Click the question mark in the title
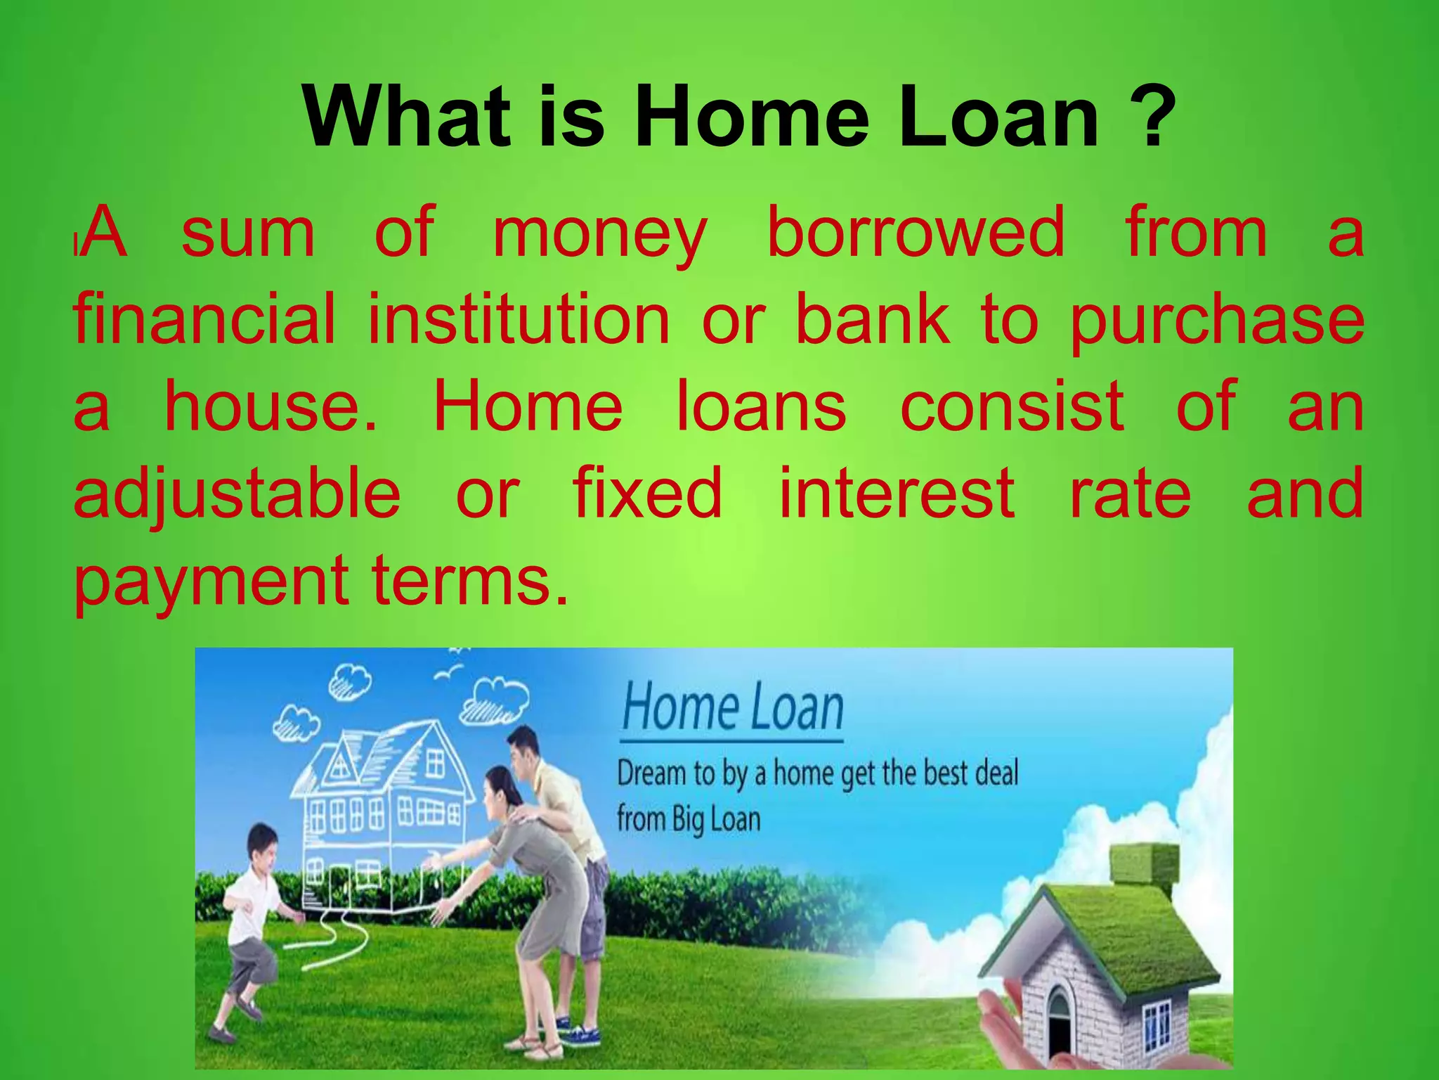pyautogui.click(x=1150, y=115)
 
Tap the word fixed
pyautogui.click(x=647, y=492)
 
